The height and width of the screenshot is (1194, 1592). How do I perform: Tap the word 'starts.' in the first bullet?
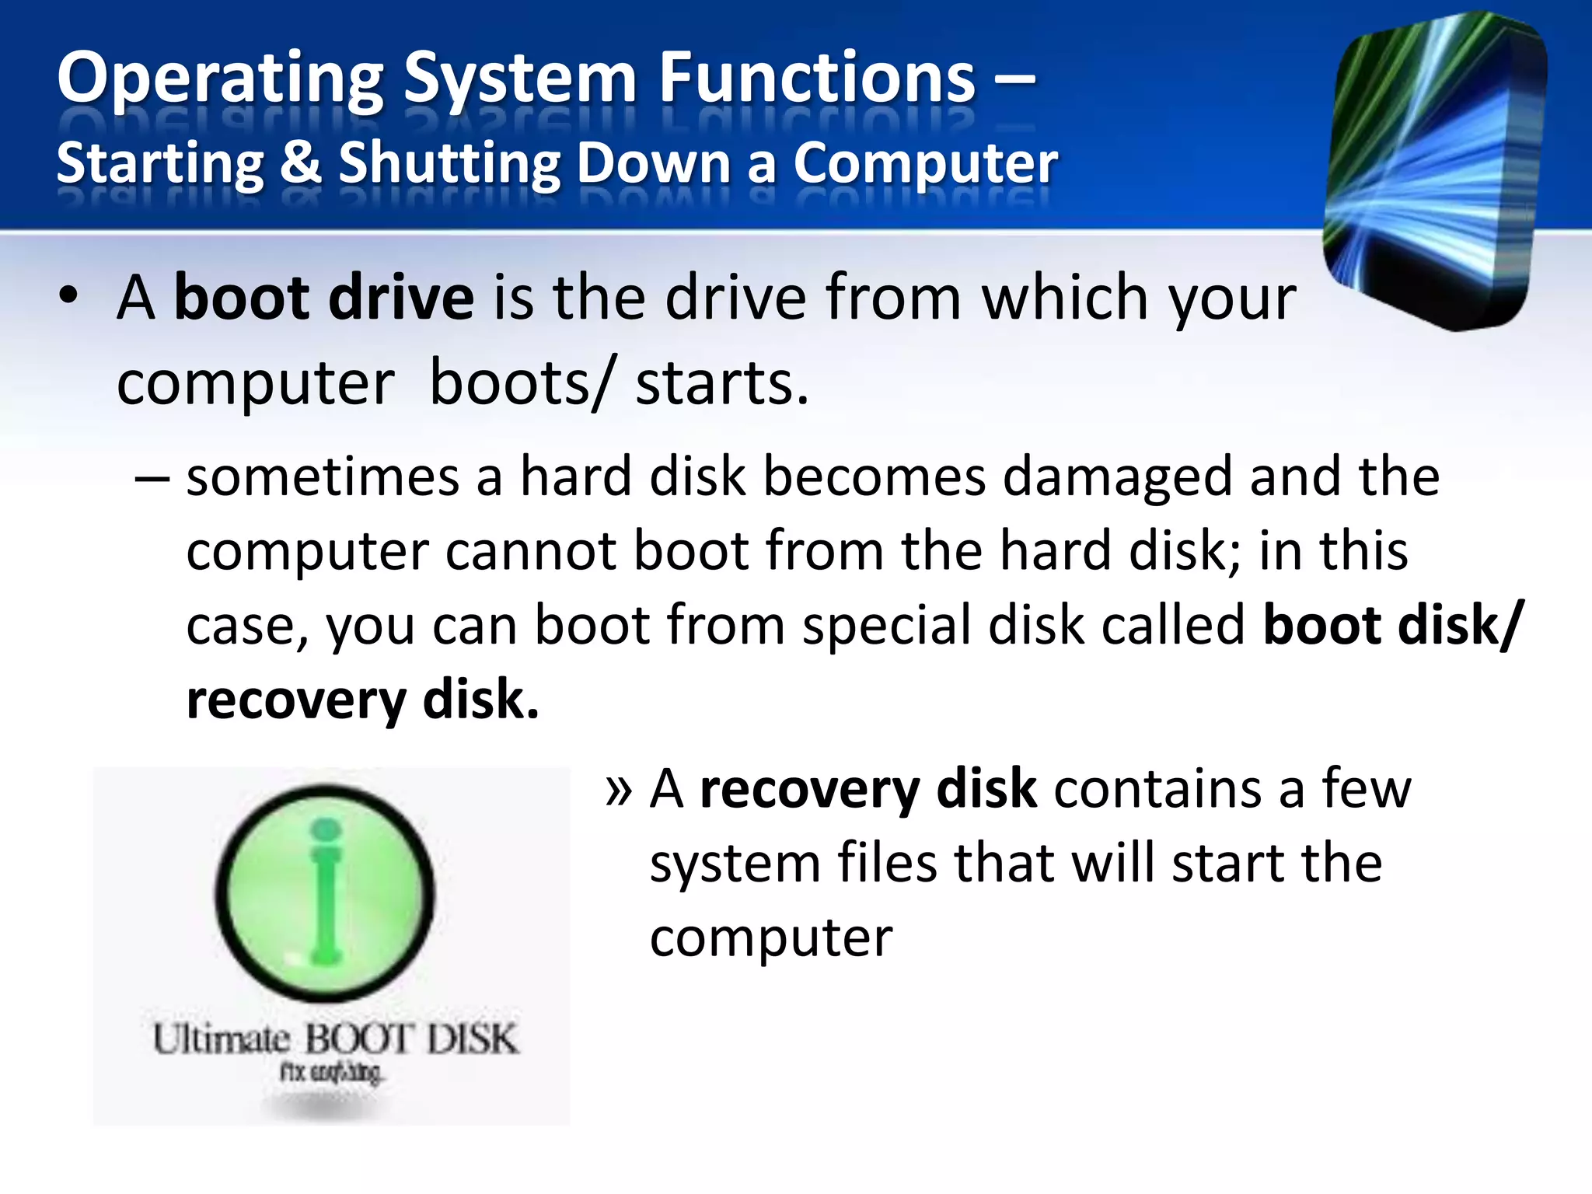(x=722, y=383)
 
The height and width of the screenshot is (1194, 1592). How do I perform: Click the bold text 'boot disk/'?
(x=1392, y=626)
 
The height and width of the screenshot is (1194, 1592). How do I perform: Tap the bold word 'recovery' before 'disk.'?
(x=296, y=700)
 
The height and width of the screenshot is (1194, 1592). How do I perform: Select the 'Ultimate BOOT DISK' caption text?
(x=334, y=1039)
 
